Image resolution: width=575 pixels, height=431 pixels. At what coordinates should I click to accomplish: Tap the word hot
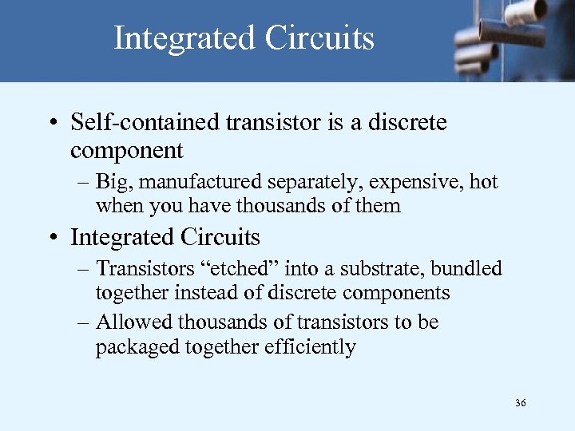click(483, 182)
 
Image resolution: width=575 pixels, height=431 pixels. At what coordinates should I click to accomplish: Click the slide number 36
click(520, 404)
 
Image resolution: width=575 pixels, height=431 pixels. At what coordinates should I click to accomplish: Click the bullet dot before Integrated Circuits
click(51, 239)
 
